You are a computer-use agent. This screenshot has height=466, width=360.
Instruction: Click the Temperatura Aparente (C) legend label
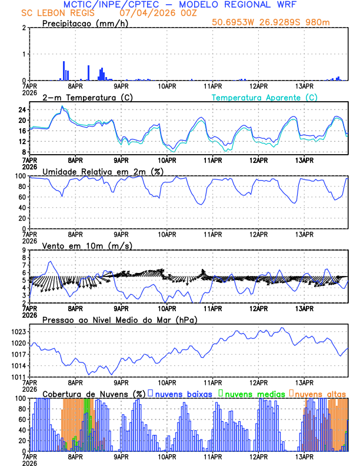click(265, 97)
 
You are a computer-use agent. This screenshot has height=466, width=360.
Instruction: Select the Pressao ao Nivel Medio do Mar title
click(119, 320)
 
